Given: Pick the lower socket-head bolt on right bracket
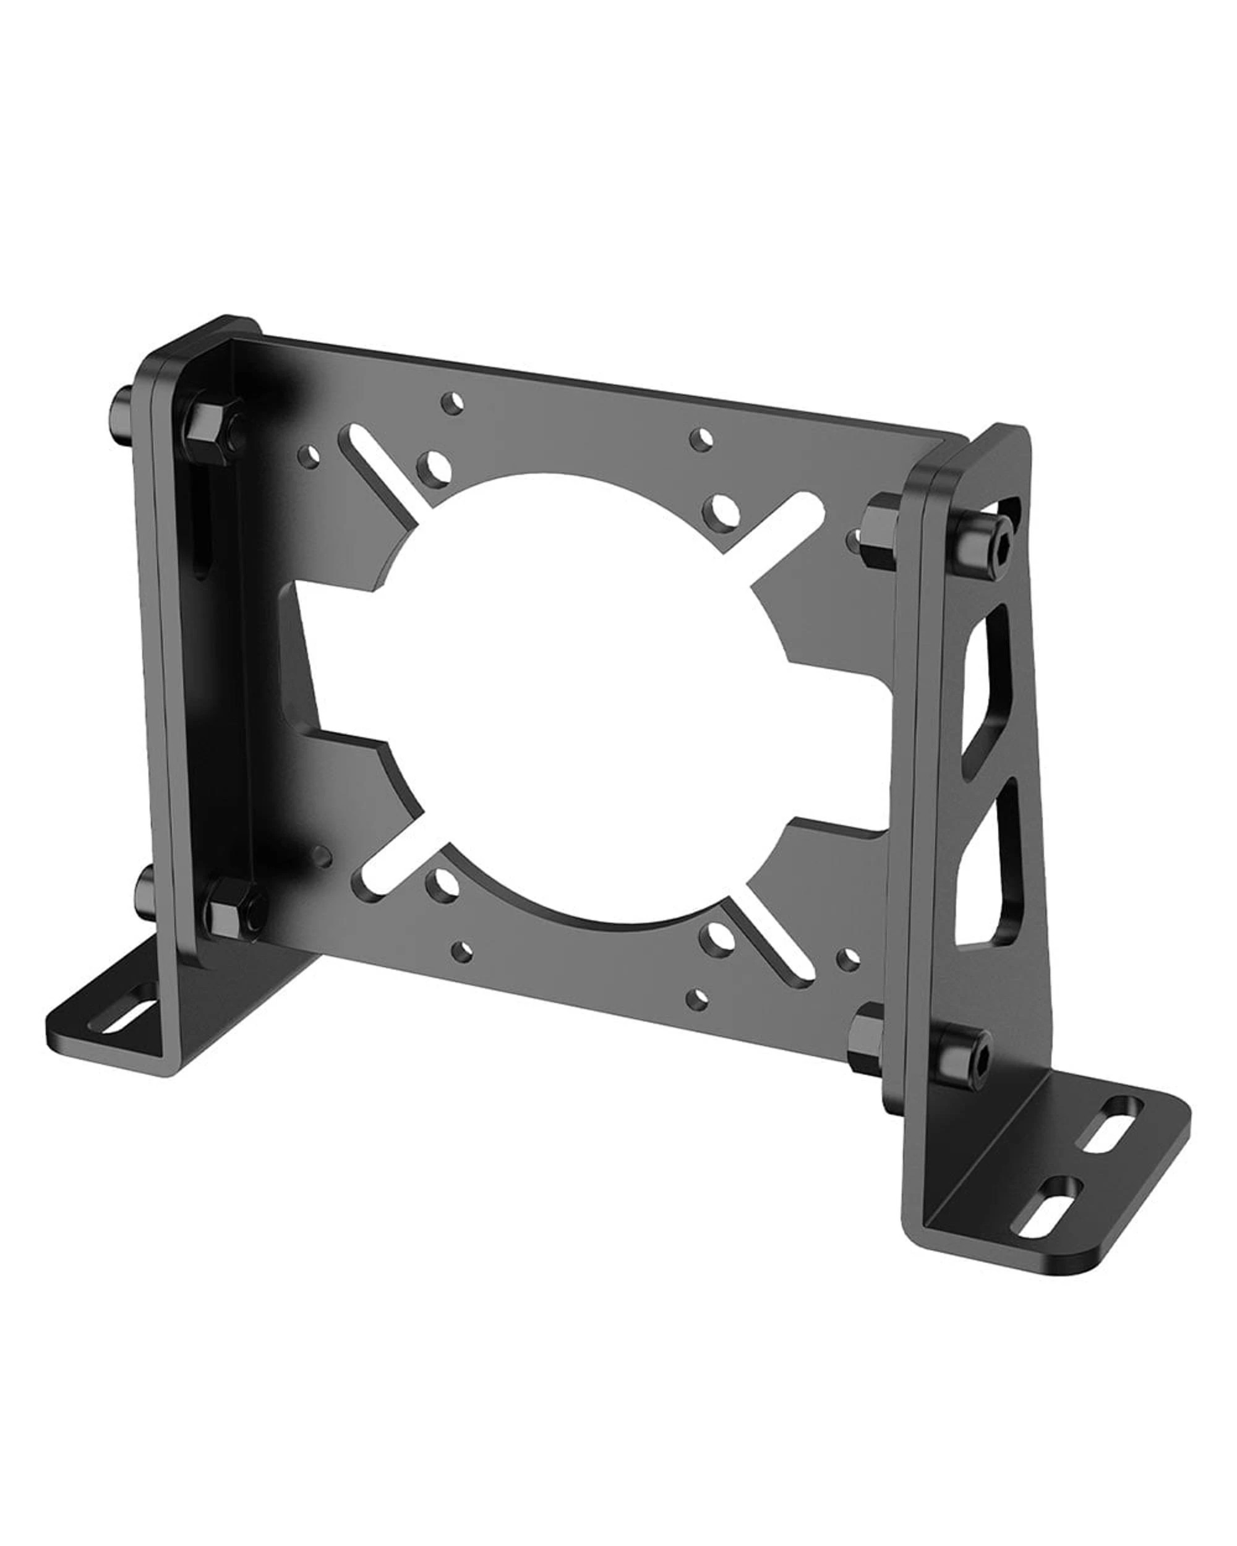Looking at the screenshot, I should pyautogui.click(x=964, y=1061).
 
